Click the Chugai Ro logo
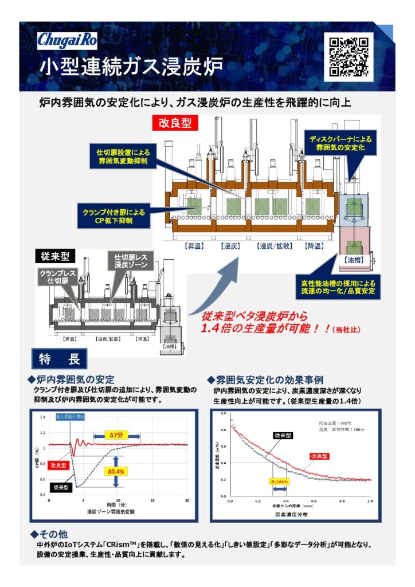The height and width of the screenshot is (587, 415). [x=68, y=40]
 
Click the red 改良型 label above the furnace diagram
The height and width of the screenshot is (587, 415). [x=175, y=122]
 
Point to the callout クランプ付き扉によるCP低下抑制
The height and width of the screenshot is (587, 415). [x=113, y=216]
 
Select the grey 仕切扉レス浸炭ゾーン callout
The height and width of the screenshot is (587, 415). [x=131, y=261]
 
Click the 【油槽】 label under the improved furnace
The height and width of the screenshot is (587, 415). [x=353, y=260]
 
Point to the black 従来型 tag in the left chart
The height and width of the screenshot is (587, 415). [x=61, y=487]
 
